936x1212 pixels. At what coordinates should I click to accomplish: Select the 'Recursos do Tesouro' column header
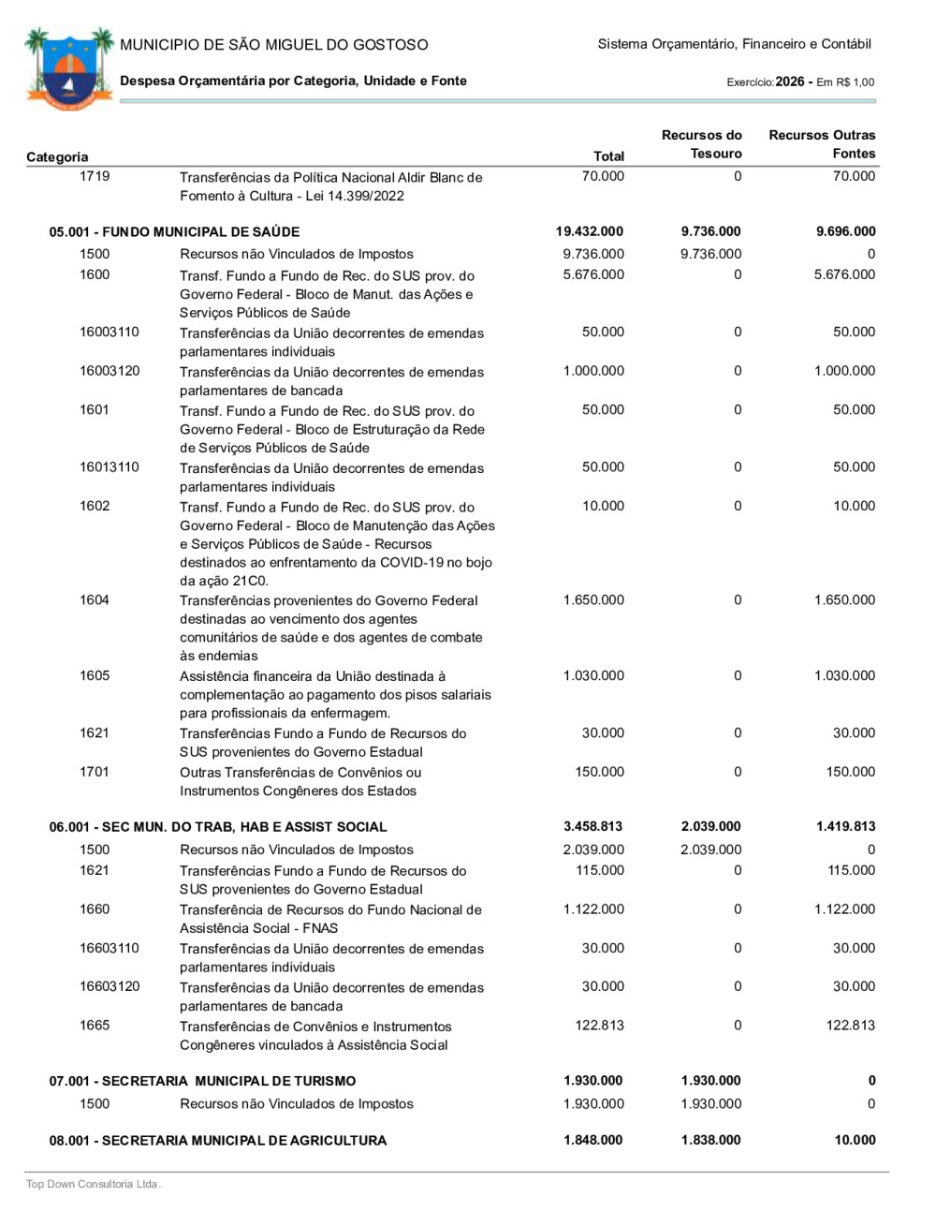point(701,144)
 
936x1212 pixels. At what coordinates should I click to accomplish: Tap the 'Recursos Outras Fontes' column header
point(822,144)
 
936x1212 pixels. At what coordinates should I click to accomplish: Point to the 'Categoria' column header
point(57,156)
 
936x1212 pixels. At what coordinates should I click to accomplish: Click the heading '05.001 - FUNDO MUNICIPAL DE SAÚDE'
point(174,231)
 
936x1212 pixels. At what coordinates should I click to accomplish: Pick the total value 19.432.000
point(589,231)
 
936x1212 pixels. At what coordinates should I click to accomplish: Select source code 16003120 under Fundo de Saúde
point(110,371)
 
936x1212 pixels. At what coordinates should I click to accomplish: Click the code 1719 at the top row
point(95,176)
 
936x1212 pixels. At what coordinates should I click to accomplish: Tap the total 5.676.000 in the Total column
point(593,274)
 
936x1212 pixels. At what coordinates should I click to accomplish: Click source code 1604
point(95,600)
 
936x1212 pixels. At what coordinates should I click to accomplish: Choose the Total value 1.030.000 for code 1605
point(593,675)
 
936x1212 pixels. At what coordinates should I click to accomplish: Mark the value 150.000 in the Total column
point(599,772)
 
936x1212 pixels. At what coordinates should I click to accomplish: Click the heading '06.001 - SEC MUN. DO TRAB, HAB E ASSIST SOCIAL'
point(218,826)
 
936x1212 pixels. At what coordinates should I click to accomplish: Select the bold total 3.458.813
point(592,826)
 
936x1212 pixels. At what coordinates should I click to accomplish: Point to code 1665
point(95,1026)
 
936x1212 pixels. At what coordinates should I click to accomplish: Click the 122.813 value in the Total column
point(599,1026)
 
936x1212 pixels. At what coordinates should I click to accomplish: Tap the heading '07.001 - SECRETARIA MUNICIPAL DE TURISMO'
point(202,1081)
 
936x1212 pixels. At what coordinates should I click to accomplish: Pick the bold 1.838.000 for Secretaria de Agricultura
point(710,1140)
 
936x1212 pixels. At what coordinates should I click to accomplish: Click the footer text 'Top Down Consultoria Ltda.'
point(94,1184)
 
